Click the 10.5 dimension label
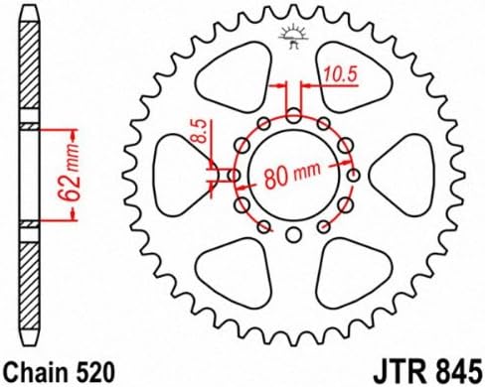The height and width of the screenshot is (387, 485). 340,74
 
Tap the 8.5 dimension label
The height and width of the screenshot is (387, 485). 201,131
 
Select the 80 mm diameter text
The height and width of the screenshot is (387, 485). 292,175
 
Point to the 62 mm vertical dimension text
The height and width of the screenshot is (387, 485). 70,173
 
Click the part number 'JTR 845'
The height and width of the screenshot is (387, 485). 427,372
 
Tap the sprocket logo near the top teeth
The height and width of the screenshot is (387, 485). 294,37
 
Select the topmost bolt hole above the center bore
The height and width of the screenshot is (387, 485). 293,115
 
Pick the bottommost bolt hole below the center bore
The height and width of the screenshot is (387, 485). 293,235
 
